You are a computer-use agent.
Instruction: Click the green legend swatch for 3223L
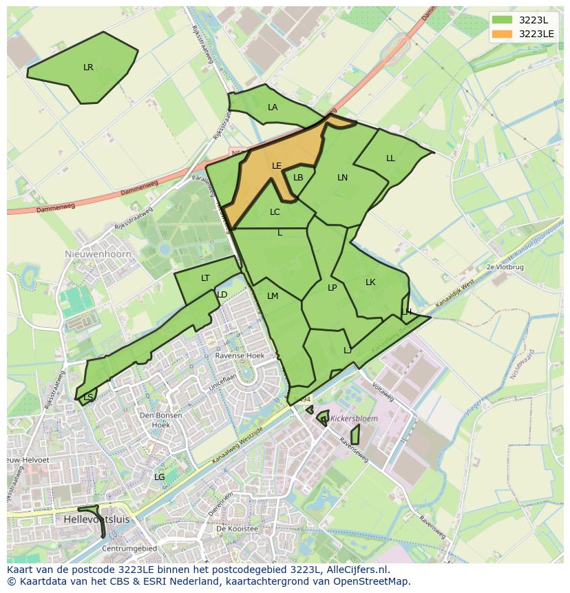(503, 20)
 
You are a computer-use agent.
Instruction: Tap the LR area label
(88, 67)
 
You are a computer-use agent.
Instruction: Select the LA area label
(273, 107)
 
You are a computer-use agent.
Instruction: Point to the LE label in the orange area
(277, 166)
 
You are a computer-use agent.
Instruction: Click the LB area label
(298, 178)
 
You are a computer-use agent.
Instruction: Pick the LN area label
(342, 178)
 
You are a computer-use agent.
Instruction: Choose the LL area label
(390, 158)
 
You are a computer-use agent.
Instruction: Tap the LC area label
(275, 212)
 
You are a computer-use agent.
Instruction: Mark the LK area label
(370, 282)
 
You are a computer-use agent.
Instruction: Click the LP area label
(332, 288)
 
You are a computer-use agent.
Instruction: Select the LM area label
(273, 296)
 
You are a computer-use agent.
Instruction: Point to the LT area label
(205, 278)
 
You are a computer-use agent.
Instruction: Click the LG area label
(159, 477)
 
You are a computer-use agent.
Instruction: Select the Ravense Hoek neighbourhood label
(240, 356)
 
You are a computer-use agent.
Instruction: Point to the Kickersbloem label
(354, 418)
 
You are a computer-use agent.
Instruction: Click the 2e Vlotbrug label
(505, 267)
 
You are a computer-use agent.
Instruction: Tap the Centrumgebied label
(129, 548)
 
